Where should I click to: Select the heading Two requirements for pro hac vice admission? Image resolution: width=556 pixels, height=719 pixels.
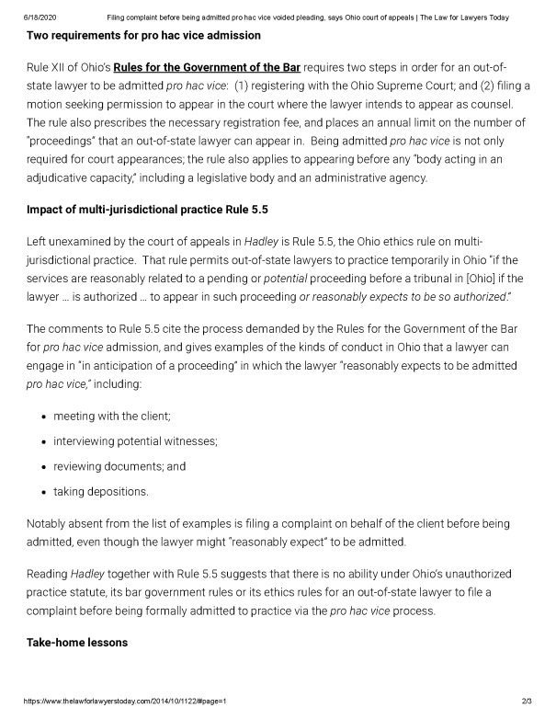point(143,36)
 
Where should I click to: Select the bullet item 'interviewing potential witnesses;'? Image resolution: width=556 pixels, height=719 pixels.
point(135,441)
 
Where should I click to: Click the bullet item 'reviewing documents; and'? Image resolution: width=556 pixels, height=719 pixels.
point(119,466)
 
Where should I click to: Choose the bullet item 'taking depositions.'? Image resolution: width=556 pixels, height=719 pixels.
point(101,491)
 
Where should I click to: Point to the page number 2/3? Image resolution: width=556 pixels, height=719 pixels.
point(527,701)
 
